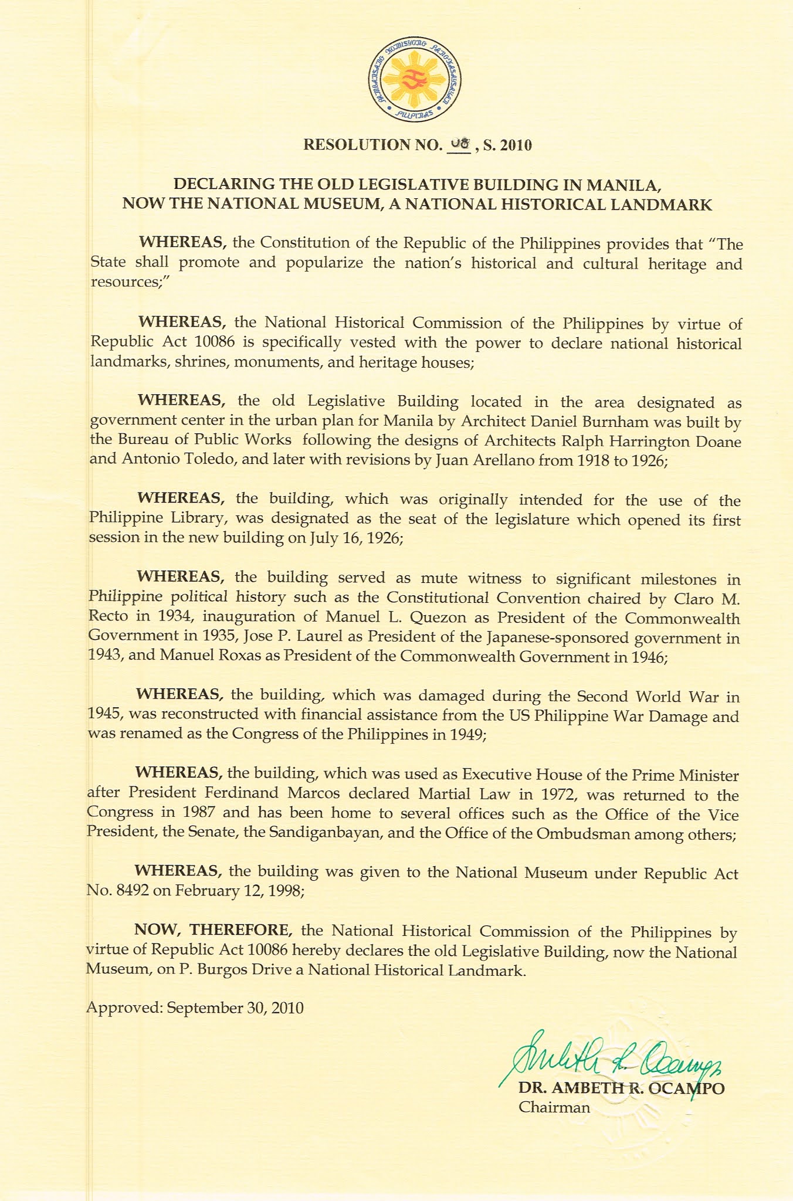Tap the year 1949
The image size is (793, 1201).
(x=467, y=734)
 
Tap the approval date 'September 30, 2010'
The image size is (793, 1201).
(x=235, y=1008)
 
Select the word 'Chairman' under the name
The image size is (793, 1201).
(x=554, y=1108)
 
